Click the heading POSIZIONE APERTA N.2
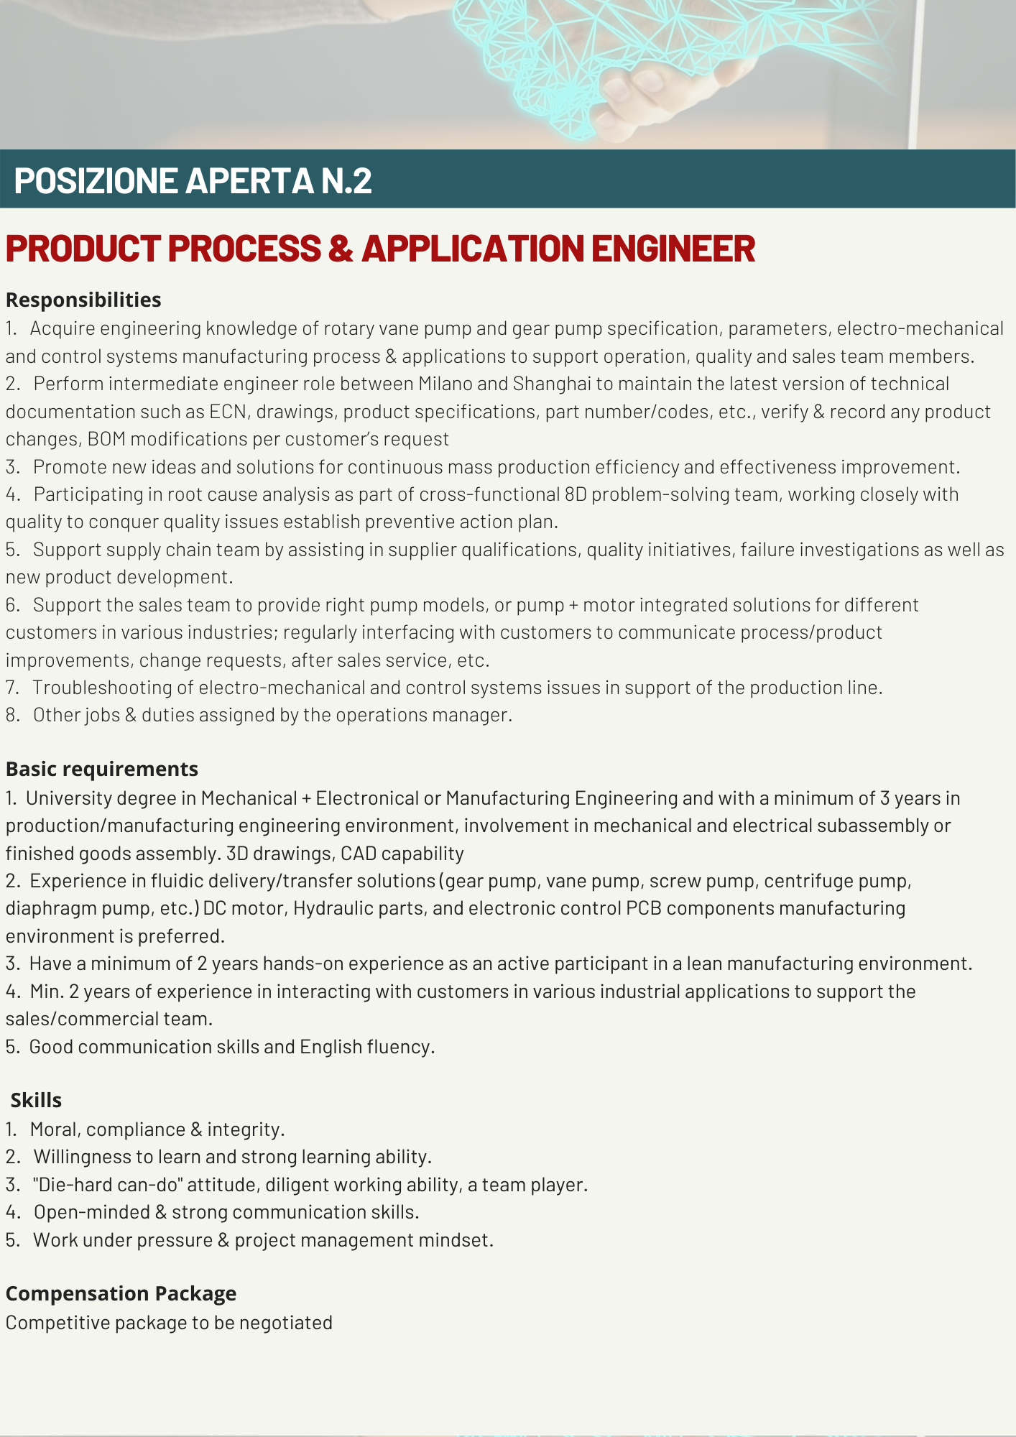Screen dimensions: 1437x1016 coord(193,180)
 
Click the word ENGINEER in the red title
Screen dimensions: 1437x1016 coord(673,249)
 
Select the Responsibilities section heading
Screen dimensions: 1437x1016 coord(83,300)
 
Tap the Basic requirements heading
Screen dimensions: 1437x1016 coord(101,769)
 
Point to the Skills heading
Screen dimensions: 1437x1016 coord(36,1100)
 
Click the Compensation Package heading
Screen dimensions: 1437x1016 coord(121,1293)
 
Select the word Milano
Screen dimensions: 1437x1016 coord(445,384)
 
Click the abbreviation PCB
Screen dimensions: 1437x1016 coord(643,908)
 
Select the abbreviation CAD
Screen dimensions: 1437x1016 coord(358,854)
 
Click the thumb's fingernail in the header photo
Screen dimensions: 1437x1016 coord(619,92)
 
